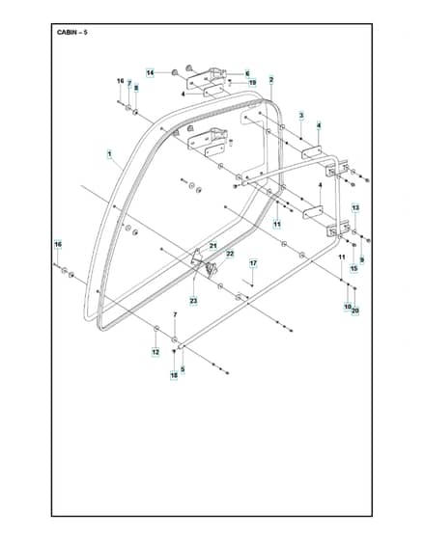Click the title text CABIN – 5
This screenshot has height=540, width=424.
click(x=72, y=33)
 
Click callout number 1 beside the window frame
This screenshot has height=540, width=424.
click(x=110, y=154)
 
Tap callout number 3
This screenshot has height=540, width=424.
click(x=301, y=116)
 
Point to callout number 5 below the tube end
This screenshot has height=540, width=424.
click(x=183, y=369)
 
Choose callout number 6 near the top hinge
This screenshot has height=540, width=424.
click(x=247, y=73)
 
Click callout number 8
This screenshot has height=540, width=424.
click(x=136, y=88)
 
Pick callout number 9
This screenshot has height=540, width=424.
click(x=362, y=260)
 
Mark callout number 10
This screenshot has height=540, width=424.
click(x=348, y=307)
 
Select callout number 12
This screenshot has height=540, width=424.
click(x=155, y=352)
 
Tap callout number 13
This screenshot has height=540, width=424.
click(x=355, y=207)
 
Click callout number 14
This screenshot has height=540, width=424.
click(x=150, y=73)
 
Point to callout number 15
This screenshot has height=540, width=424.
click(x=353, y=269)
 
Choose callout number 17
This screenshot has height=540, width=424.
click(x=253, y=263)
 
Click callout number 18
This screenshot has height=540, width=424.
click(x=174, y=375)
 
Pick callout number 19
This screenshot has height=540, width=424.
click(x=252, y=83)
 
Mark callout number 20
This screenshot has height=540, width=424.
click(x=355, y=310)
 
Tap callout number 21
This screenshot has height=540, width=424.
click(x=213, y=246)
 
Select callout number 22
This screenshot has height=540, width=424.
click(x=230, y=254)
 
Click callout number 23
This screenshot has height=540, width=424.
click(x=193, y=301)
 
